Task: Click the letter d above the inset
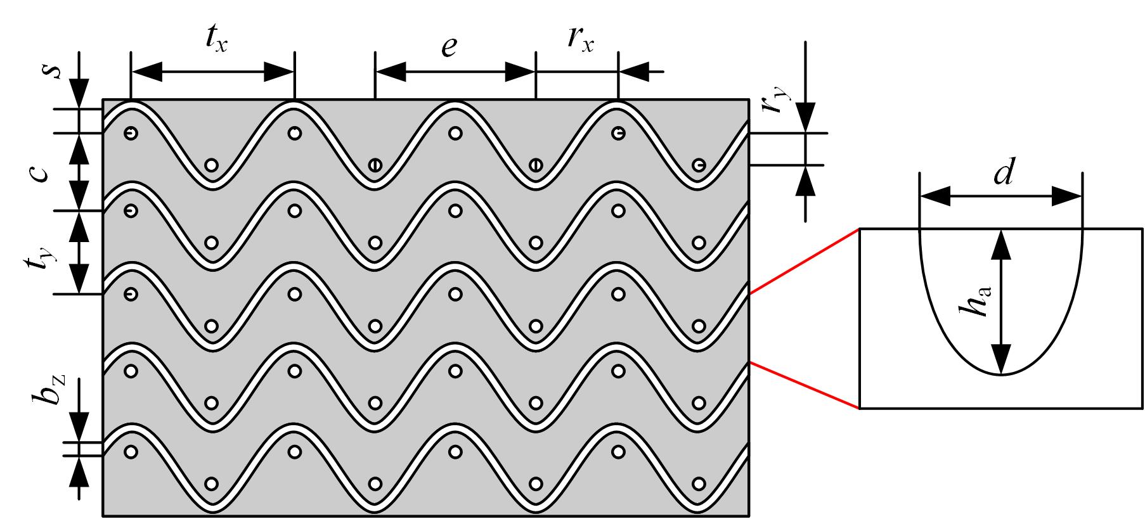(1002, 172)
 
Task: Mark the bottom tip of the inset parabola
(1000, 375)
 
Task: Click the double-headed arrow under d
(1000, 196)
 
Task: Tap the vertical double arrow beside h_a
(1000, 302)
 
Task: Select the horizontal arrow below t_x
(212, 72)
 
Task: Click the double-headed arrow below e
(455, 72)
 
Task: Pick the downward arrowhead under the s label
(79, 93)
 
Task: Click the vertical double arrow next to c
(79, 172)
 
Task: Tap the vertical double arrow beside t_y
(79, 252)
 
